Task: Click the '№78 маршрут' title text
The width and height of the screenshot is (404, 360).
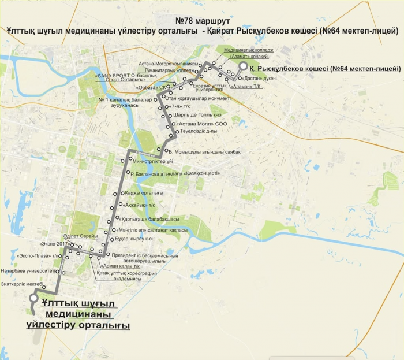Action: coord(202,20)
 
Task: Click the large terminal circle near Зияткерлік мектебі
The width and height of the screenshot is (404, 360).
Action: coord(33,299)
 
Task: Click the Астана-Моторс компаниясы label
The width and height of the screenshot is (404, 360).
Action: coord(173,64)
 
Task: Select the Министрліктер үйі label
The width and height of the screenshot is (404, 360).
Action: coord(152,161)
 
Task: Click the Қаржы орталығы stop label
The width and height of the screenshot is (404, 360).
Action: coord(144,192)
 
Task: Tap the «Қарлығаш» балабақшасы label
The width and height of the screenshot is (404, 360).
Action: coord(149,220)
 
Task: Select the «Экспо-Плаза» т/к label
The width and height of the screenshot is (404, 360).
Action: coord(38,255)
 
